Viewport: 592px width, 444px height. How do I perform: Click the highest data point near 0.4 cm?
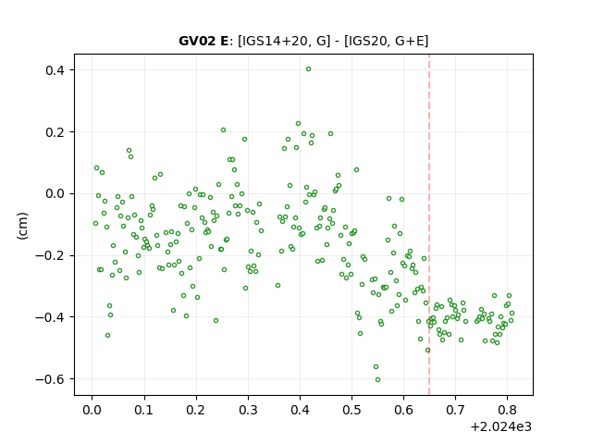click(308, 69)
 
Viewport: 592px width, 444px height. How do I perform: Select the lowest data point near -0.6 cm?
click(377, 380)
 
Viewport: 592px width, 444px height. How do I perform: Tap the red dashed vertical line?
click(429, 225)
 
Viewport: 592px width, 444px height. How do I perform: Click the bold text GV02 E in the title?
click(203, 41)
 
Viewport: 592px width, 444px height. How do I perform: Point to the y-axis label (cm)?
click(22, 226)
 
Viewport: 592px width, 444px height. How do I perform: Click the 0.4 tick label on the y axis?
click(55, 70)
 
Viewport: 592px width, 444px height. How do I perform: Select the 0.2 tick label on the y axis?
click(55, 132)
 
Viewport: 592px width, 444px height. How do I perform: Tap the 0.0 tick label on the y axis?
click(55, 193)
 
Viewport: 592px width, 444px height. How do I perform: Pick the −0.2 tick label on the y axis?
click(51, 255)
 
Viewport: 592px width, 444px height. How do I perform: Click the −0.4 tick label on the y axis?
click(51, 317)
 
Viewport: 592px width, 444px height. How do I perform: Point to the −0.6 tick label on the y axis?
click(51, 379)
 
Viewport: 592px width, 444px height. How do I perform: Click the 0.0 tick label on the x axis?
click(92, 410)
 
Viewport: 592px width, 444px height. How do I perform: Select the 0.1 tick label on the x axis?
click(144, 410)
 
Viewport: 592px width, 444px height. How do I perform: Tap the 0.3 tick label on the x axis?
click(248, 410)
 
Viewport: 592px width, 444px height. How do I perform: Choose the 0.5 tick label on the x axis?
click(351, 410)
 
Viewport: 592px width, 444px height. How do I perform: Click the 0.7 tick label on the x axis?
click(456, 410)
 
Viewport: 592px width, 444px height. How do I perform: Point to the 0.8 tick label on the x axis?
click(508, 410)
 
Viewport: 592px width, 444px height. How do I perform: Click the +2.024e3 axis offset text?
click(501, 427)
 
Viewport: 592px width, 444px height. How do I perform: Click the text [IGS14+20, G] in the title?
click(284, 41)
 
